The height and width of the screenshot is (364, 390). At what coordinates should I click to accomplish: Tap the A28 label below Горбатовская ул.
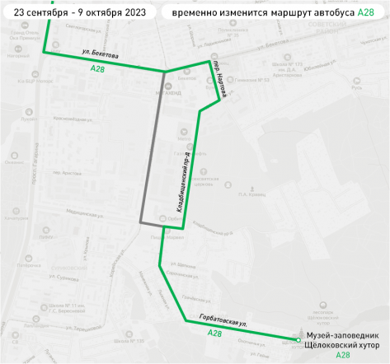214,333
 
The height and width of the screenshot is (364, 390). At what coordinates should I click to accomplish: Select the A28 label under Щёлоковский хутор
343,356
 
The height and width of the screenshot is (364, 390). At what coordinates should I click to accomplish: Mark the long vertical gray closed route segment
152,148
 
